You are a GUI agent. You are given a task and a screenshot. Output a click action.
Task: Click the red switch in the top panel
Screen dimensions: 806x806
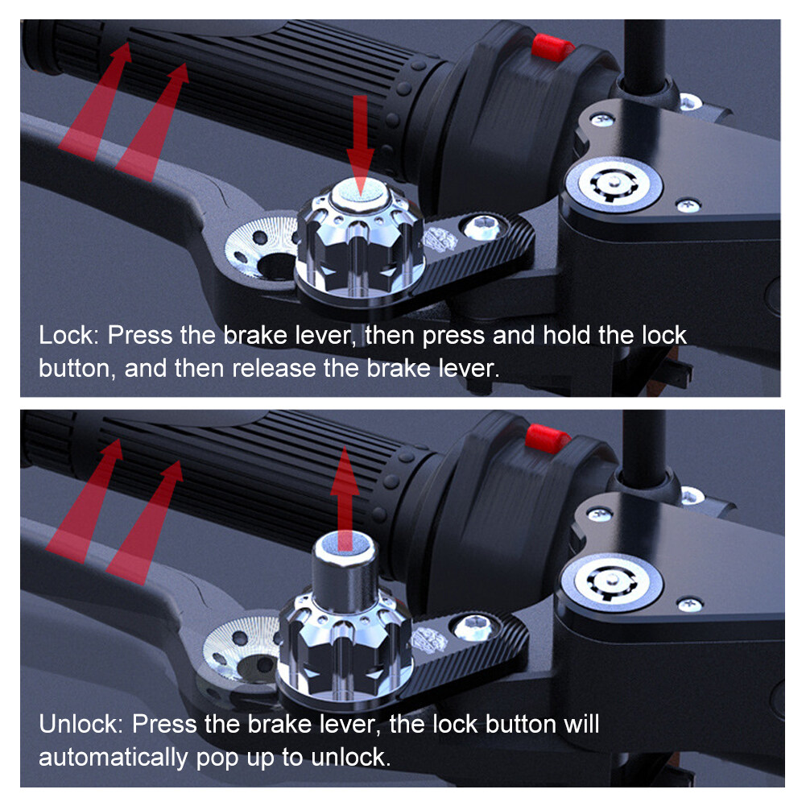(x=552, y=48)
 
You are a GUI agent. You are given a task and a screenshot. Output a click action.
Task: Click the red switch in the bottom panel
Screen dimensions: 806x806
(x=548, y=439)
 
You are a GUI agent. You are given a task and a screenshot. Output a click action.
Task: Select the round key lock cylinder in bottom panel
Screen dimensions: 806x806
(x=611, y=583)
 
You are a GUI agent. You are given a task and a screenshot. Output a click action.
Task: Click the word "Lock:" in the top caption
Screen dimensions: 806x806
(x=68, y=335)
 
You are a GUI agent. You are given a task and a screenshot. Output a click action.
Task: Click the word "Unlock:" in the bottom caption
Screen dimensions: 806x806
(x=81, y=724)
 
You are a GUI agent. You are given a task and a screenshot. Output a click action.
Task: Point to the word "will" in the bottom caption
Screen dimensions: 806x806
(x=581, y=724)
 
